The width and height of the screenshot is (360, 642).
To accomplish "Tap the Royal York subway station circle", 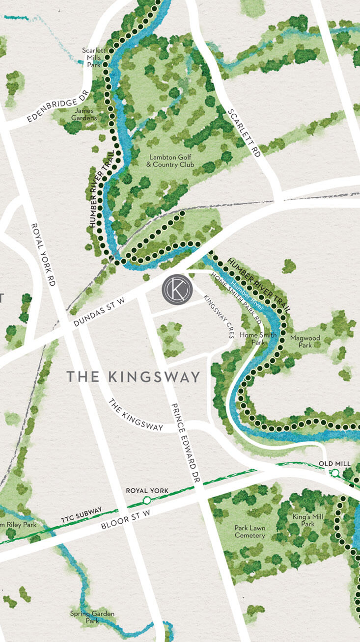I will [x=146, y=500].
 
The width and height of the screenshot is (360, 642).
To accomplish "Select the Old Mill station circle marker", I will [x=335, y=473].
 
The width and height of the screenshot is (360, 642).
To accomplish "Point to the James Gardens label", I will [x=83, y=114].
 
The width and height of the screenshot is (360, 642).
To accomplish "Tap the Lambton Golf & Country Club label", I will [x=170, y=161].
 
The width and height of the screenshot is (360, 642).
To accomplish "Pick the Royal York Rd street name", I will [x=43, y=255].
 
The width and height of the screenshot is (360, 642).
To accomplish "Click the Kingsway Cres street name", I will [x=219, y=316].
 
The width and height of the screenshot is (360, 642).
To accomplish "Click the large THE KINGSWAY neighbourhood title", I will [x=133, y=377].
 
